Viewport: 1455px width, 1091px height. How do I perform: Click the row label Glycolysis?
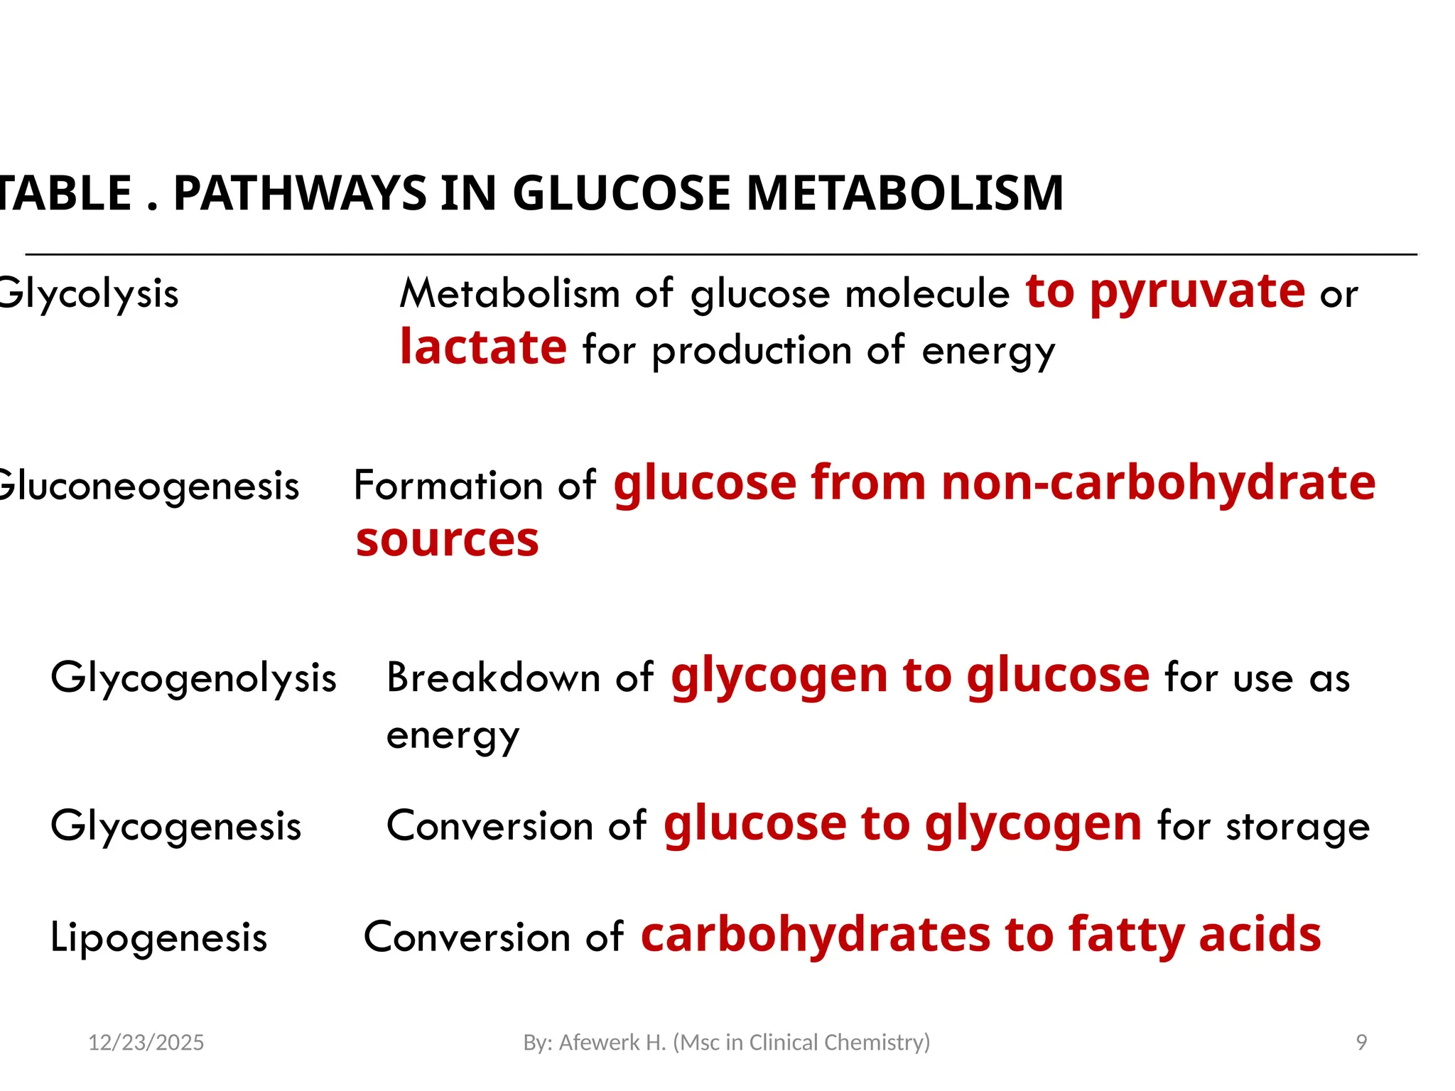point(88,293)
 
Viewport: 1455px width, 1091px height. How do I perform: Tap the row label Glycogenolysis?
point(193,678)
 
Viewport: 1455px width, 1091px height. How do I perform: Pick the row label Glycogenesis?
point(176,826)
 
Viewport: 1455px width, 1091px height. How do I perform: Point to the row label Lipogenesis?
point(159,937)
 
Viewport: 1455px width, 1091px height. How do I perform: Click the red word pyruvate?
point(1197,291)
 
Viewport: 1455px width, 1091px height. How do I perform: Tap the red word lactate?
point(483,347)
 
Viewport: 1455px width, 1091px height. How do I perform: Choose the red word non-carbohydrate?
point(1158,483)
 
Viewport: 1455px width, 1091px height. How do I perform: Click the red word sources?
point(448,540)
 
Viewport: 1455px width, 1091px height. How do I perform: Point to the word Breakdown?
point(493,677)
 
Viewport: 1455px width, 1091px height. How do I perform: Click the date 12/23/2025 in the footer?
point(146,1042)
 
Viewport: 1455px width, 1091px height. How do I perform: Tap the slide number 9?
point(1361,1042)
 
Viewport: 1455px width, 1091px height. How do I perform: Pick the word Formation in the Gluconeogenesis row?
point(448,486)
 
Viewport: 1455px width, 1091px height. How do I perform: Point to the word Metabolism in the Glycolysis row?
point(510,293)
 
